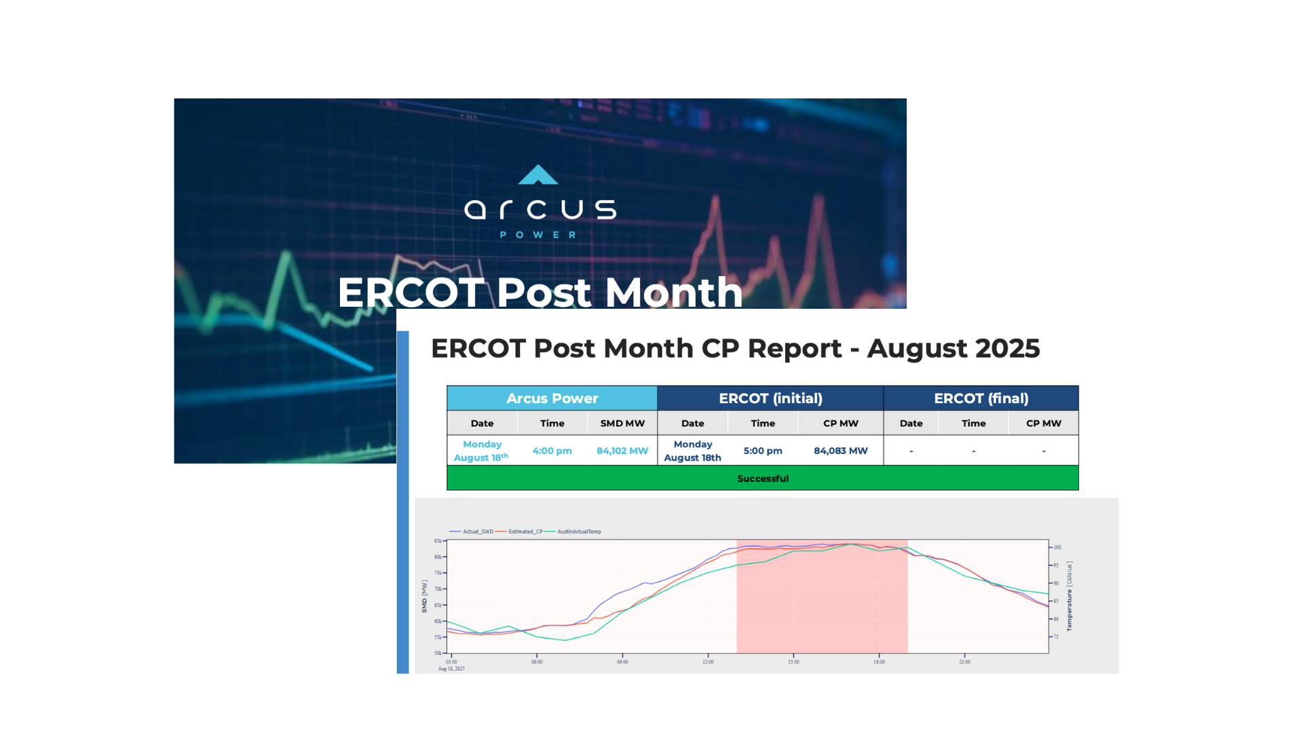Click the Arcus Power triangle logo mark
[x=538, y=175]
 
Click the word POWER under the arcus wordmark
[x=538, y=235]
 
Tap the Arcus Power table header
[x=552, y=398]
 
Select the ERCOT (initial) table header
[x=770, y=398]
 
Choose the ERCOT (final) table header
[x=981, y=398]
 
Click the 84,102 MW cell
[x=622, y=451]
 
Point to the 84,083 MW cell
[x=840, y=451]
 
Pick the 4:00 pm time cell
[x=552, y=451]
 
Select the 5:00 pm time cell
[x=763, y=451]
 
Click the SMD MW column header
[x=622, y=424]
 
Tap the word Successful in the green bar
[x=763, y=478]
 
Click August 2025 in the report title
[x=953, y=349]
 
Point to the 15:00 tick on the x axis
[x=793, y=662]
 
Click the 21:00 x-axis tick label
[x=964, y=662]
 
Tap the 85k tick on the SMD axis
[x=438, y=541]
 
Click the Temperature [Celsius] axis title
[x=1070, y=596]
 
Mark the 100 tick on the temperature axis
[x=1057, y=547]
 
